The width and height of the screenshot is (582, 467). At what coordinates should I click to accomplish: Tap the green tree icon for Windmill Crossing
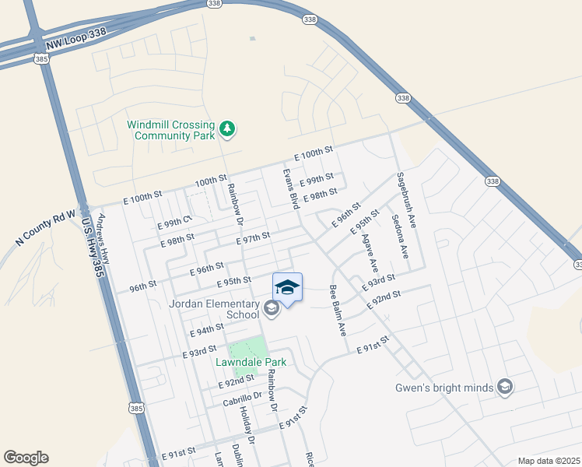pos(226,129)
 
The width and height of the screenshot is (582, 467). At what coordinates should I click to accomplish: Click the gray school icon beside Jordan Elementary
pos(271,310)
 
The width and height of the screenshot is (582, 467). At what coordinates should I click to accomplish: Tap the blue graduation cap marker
pos(287,287)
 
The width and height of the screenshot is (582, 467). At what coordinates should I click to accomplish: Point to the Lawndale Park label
pos(251,362)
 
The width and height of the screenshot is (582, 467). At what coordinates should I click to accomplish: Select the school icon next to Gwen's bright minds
pos(505,387)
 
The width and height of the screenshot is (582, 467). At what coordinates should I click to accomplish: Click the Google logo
pos(26,458)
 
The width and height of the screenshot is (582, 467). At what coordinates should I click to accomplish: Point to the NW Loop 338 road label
pos(76,45)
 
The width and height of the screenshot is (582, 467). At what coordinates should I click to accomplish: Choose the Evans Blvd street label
pos(290,188)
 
